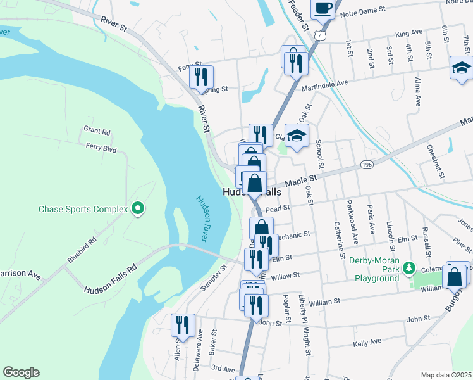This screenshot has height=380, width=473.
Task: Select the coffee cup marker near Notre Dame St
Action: (322, 9)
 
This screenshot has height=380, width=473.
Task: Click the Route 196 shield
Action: (366, 165)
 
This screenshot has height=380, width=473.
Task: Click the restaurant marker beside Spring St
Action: (200, 77)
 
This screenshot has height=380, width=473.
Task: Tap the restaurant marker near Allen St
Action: (182, 326)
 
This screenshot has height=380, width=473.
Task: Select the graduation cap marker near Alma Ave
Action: (461, 68)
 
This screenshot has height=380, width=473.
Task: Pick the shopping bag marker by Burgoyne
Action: (454, 277)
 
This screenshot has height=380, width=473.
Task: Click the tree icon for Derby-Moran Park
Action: (409, 267)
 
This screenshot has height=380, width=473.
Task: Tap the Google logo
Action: (21, 372)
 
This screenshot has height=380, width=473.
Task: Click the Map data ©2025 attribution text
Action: (446, 375)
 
